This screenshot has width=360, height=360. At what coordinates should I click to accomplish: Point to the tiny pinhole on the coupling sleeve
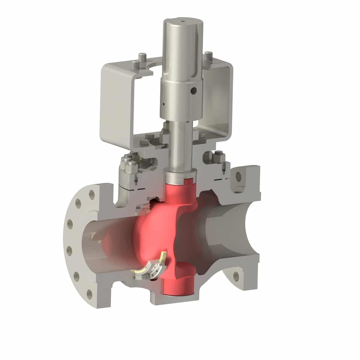click(163, 104)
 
